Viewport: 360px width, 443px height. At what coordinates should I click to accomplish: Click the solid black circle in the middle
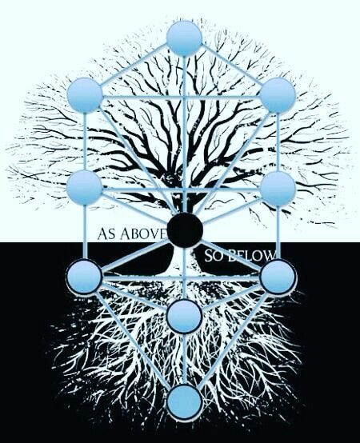(x=185, y=229)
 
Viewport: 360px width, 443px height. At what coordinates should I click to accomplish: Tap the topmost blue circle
(x=184, y=38)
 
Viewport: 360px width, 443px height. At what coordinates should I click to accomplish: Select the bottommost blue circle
(x=184, y=402)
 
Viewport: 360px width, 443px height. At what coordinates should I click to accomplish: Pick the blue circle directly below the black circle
(x=184, y=317)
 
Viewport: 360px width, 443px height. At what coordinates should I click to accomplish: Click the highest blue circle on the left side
(x=85, y=95)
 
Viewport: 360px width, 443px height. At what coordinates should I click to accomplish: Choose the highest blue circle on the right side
(x=278, y=95)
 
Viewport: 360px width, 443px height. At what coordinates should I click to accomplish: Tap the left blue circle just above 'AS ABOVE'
(x=85, y=188)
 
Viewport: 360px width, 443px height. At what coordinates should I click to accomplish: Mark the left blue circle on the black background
(x=85, y=275)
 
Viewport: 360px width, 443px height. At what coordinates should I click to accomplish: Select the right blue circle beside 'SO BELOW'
(x=278, y=277)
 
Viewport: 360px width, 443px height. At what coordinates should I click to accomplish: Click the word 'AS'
(x=107, y=234)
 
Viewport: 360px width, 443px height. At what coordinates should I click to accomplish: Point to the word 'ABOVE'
(x=143, y=234)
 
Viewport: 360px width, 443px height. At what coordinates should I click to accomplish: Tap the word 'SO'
(x=214, y=256)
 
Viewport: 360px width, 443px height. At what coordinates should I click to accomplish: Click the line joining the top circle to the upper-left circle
(x=134, y=65)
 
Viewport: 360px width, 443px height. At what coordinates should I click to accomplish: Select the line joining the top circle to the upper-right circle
(x=231, y=65)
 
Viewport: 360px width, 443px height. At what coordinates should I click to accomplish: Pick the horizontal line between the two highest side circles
(x=182, y=98)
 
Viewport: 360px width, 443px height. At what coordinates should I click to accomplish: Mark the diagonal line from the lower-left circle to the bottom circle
(x=133, y=339)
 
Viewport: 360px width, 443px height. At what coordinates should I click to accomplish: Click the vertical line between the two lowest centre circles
(x=184, y=359)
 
